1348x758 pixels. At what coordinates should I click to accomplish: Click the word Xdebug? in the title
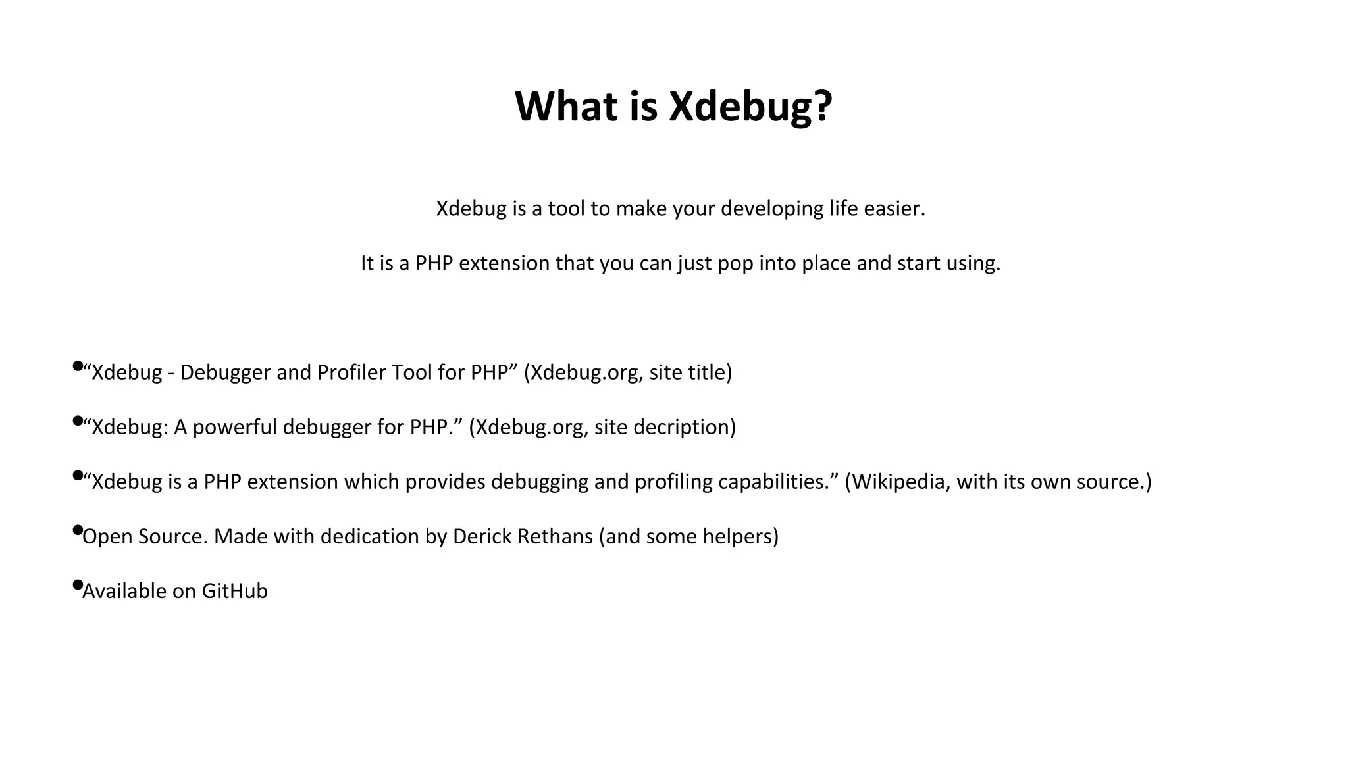coord(750,107)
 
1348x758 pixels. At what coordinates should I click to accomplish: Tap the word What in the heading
coord(566,107)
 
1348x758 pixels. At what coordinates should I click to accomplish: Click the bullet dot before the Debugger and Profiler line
coord(78,365)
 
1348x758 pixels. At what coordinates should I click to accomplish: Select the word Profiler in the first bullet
coord(351,372)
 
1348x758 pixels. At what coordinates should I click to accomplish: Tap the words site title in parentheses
coord(687,372)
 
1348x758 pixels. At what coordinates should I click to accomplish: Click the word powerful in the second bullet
coord(234,428)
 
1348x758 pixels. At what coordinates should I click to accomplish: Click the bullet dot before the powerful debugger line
coord(78,420)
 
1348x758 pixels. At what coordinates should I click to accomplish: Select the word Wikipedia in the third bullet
coord(900,482)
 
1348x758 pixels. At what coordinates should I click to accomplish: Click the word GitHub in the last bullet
coord(234,592)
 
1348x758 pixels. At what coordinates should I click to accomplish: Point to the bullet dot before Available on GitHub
coord(78,584)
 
